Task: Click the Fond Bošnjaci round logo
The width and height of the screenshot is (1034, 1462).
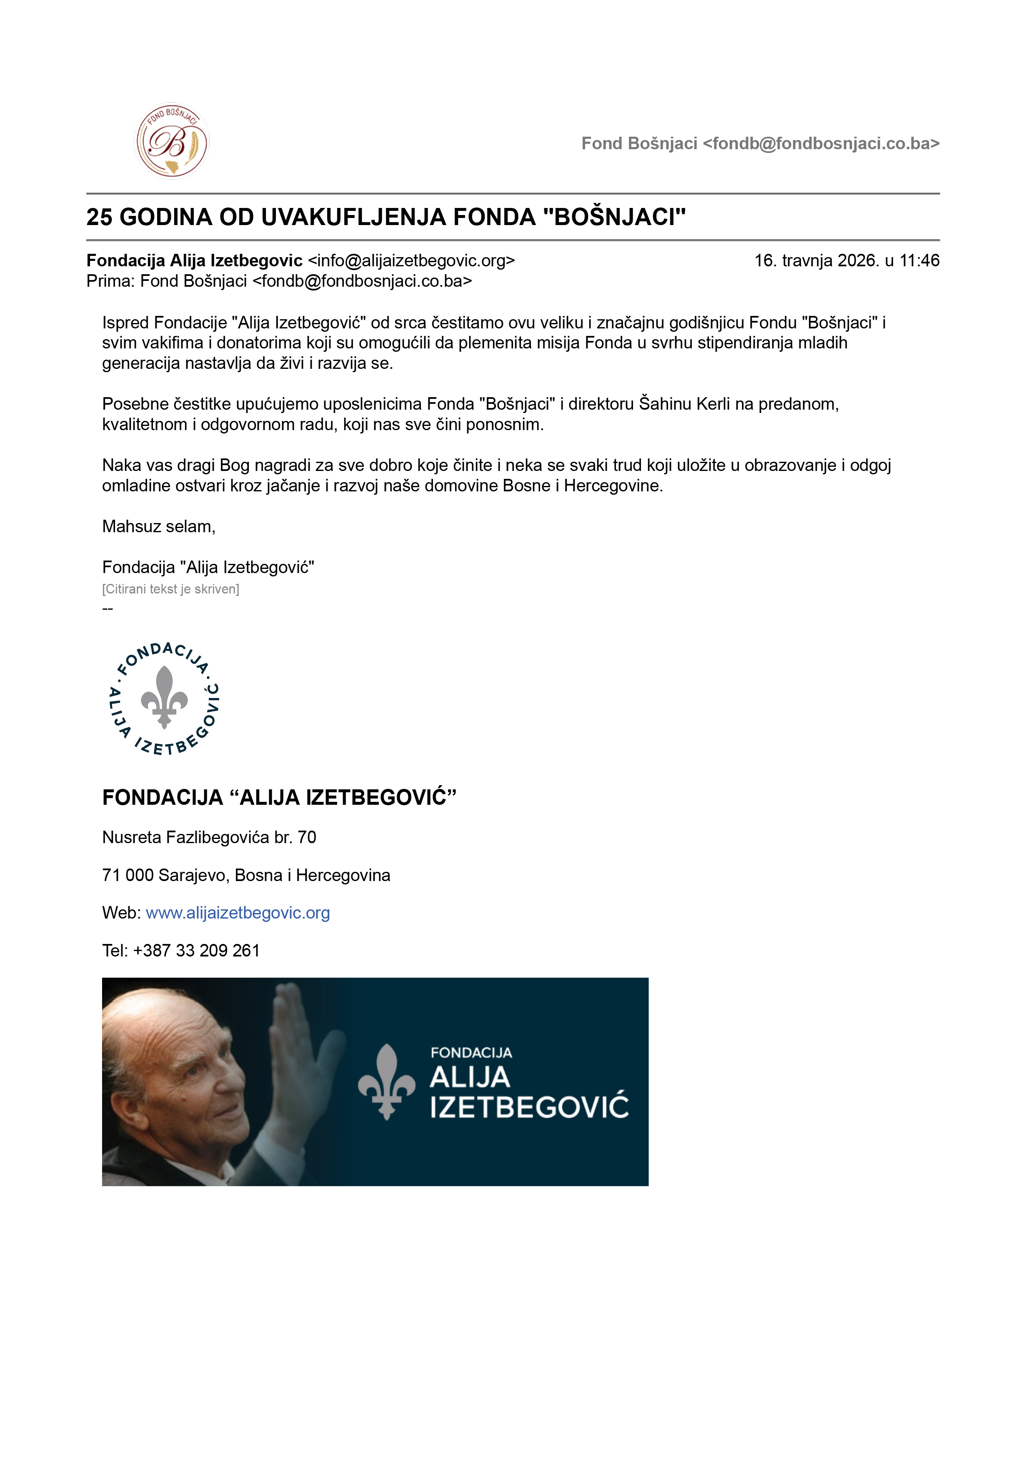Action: (171, 141)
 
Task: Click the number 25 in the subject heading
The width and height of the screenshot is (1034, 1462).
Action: (99, 217)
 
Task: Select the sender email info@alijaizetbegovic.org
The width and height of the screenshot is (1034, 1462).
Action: (411, 260)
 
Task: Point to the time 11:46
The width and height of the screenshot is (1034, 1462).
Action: (919, 260)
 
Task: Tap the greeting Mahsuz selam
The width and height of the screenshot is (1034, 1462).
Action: (158, 527)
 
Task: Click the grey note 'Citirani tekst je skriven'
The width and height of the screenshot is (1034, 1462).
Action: (170, 589)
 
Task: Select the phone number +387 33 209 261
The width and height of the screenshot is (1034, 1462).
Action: (196, 950)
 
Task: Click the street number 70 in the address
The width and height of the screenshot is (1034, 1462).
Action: (307, 837)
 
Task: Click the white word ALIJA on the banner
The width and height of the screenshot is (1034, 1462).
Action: (470, 1077)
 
